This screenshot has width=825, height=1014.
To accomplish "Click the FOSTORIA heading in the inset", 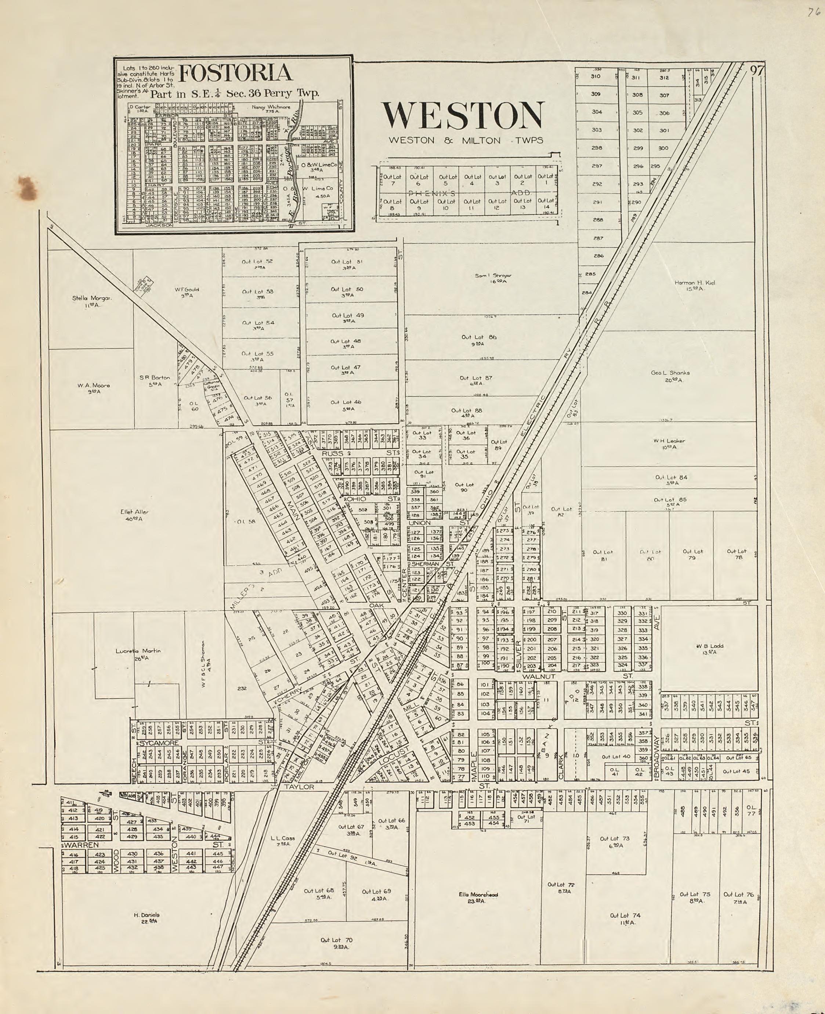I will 235,73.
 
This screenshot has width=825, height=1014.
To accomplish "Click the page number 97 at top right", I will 757,71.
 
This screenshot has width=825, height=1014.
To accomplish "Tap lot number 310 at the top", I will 596,76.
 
